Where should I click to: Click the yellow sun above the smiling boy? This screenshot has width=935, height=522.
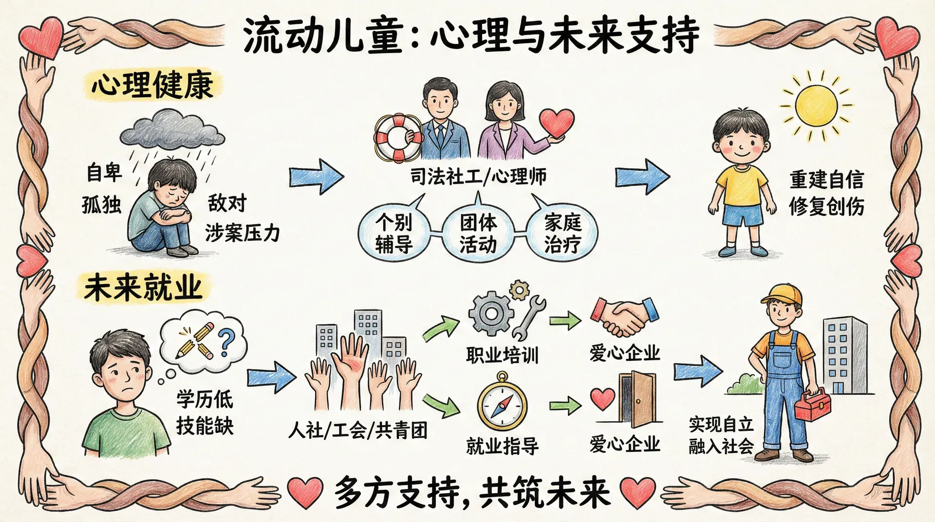tap(816, 105)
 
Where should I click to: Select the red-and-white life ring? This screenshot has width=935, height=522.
tap(398, 138)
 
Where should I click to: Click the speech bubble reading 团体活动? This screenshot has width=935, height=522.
tap(478, 234)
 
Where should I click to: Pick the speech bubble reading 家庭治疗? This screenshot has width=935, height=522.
tap(562, 234)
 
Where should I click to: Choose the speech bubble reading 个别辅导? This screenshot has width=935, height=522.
tap(393, 234)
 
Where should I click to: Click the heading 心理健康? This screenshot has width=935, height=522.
tap(152, 85)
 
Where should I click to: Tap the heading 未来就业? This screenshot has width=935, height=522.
tap(143, 287)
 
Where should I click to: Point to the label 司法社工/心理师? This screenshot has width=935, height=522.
tap(478, 176)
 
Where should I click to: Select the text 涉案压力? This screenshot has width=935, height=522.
tap(242, 233)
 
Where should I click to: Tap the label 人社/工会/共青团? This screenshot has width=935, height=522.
tap(358, 430)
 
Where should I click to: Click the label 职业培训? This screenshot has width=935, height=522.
tap(502, 355)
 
